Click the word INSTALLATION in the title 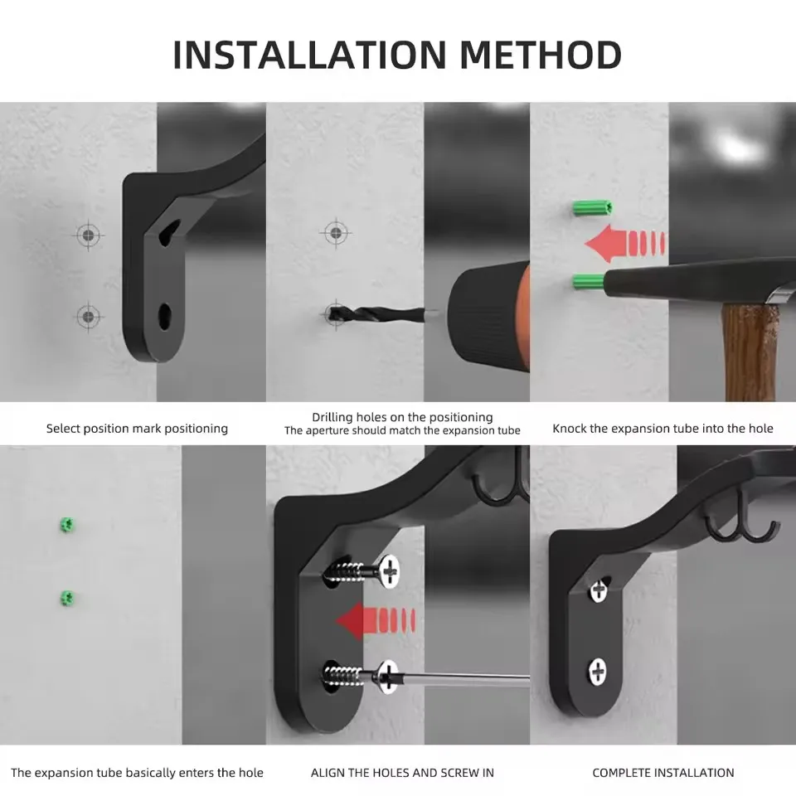click(x=309, y=55)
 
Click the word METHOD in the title click(x=541, y=55)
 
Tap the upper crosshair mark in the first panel click(x=89, y=235)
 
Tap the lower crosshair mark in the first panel click(x=89, y=317)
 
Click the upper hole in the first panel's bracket click(x=169, y=232)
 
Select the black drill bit click(x=376, y=315)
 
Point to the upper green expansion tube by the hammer click(x=592, y=207)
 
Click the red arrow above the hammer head click(x=625, y=243)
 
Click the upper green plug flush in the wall click(x=67, y=525)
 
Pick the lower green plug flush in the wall click(x=67, y=599)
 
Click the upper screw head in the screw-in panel click(x=390, y=571)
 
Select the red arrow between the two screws click(x=376, y=620)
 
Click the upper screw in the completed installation click(x=599, y=590)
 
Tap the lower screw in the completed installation click(x=598, y=672)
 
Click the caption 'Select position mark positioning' click(x=137, y=429)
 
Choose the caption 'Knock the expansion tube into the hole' click(x=663, y=429)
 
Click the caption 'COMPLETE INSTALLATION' click(x=663, y=773)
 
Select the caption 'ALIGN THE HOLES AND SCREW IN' click(x=403, y=773)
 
